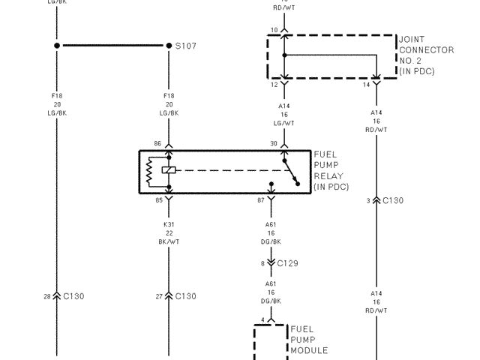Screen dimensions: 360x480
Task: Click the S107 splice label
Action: click(x=186, y=46)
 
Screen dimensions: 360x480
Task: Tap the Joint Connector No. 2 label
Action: click(x=426, y=55)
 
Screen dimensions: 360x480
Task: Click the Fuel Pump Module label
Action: click(x=309, y=340)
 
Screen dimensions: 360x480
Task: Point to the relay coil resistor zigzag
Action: click(x=149, y=172)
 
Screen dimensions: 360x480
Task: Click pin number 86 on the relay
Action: click(x=157, y=142)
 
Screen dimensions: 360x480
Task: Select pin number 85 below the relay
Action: click(x=157, y=200)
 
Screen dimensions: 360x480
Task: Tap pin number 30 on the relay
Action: click(x=274, y=142)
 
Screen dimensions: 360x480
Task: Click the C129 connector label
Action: click(x=288, y=263)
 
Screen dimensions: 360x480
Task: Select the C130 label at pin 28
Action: click(x=73, y=296)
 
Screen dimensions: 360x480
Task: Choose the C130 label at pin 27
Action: click(x=185, y=296)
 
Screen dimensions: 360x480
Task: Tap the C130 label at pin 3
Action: click(x=393, y=200)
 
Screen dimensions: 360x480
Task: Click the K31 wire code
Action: click(x=169, y=223)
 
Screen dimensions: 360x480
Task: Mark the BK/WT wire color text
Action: click(x=169, y=241)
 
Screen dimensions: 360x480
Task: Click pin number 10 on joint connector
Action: click(x=274, y=29)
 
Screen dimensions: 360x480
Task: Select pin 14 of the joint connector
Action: click(x=366, y=85)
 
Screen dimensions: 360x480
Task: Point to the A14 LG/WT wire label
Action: click(x=284, y=114)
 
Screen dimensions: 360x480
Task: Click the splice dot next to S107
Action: click(x=169, y=46)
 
